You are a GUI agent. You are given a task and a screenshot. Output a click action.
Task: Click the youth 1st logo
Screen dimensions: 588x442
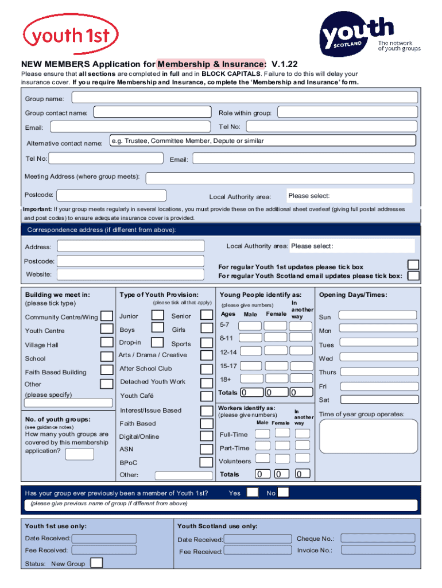coord(70,36)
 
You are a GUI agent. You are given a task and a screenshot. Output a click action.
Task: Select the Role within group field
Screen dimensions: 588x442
coord(346,113)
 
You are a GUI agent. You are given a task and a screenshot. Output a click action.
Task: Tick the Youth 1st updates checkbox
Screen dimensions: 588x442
coord(413,265)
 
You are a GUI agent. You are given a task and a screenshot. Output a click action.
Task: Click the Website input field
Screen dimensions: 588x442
coord(131,274)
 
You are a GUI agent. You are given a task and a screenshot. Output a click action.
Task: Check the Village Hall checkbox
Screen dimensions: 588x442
coord(106,343)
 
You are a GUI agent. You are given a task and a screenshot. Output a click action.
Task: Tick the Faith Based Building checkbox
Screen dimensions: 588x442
coord(106,370)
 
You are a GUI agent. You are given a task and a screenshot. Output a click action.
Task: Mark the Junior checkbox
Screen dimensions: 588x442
coord(157,315)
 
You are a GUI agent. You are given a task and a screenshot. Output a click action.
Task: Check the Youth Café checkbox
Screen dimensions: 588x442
coord(207,396)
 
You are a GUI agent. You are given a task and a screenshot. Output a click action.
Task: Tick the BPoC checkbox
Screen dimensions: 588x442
coord(207,462)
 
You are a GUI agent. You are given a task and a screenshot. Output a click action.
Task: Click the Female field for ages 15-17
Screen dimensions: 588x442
coord(275,366)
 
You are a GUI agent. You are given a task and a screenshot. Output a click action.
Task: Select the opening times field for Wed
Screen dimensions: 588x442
coord(375,358)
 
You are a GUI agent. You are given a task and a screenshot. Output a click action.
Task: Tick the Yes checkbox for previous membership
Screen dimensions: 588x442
coord(252,492)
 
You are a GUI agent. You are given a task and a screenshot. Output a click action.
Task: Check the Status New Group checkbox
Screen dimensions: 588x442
coord(97,563)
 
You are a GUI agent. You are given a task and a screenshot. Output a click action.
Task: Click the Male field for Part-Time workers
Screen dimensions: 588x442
coord(262,446)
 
